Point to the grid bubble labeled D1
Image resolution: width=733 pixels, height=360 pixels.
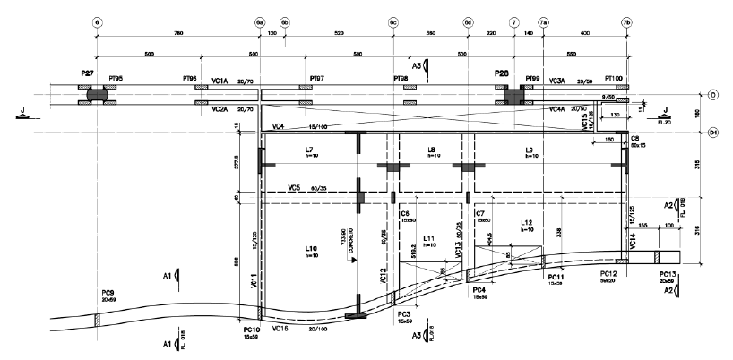714,133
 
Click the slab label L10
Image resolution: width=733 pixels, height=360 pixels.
312,247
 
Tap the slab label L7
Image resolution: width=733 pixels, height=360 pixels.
309,149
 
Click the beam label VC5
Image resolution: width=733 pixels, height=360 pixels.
294,188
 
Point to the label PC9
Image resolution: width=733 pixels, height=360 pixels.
108,292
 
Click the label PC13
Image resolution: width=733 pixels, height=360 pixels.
668,274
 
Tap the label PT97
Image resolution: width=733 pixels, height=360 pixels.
317,79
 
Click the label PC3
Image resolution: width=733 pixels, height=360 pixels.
402,314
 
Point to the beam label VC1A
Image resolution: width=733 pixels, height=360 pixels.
220,81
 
